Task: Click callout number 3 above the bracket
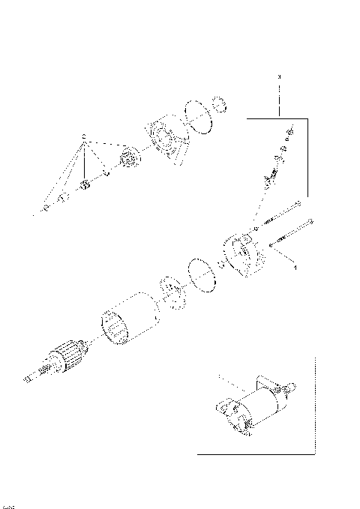point(279,77)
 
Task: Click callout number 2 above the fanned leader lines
point(84,136)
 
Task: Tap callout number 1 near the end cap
point(295,267)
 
